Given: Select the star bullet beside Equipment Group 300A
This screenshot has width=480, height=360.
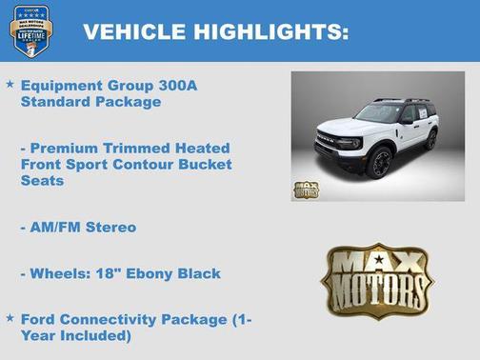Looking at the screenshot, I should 10,85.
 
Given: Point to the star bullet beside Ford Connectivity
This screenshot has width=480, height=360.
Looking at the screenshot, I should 10,317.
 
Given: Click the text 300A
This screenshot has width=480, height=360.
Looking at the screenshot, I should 178,86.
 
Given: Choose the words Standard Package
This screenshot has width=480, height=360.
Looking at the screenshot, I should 90,102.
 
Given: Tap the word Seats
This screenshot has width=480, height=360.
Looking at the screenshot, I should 43,181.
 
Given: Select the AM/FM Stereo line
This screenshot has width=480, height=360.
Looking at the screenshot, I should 78,228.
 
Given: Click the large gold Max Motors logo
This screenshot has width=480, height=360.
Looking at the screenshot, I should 376,280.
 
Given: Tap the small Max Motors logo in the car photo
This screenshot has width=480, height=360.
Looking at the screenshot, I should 307,189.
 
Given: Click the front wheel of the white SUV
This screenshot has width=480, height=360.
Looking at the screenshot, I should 380,162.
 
